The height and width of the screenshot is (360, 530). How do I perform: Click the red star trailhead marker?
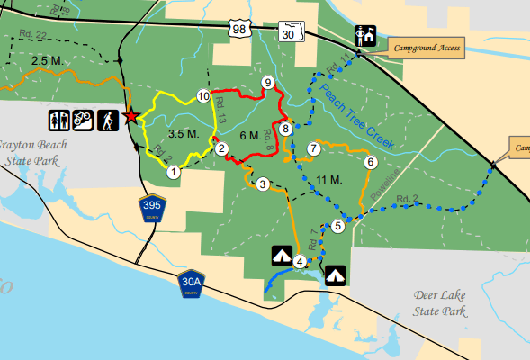pyautogui.click(x=131, y=116)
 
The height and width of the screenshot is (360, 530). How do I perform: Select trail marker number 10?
pyautogui.click(x=203, y=96)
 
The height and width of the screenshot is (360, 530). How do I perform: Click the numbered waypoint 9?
pyautogui.click(x=267, y=83)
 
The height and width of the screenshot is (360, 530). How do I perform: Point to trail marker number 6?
pyautogui.click(x=370, y=162)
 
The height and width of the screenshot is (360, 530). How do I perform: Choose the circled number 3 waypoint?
pyautogui.click(x=263, y=184)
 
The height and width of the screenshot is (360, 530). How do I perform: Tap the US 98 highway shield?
pyautogui.click(x=238, y=30)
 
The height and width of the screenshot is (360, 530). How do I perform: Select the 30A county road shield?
pyautogui.click(x=191, y=283)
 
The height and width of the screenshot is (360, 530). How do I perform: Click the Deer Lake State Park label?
pyautogui.click(x=440, y=302)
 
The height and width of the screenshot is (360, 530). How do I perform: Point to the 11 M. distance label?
pyautogui.click(x=330, y=180)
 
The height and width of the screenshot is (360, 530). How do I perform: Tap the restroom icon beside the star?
pyautogui.click(x=59, y=120)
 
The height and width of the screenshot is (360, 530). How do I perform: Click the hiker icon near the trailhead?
pyautogui.click(x=106, y=120)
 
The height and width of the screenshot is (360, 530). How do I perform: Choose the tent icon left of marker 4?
pyautogui.click(x=281, y=257)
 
